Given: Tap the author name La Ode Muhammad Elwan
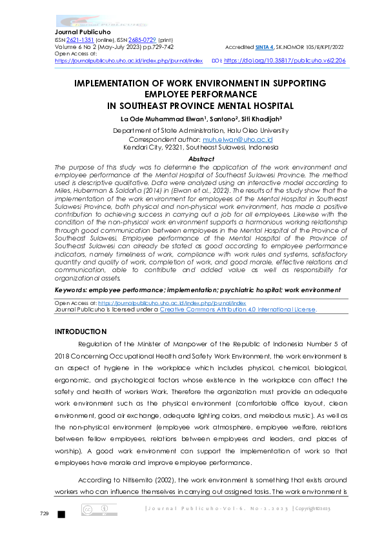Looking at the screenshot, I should [x=161, y=120].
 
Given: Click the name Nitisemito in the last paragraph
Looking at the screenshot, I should [x=135, y=480].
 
